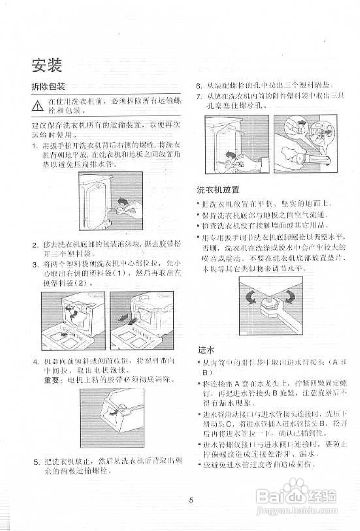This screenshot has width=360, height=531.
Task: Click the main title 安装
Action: pyautogui.click(x=47, y=65)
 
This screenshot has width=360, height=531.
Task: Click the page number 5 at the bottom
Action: pyautogui.click(x=191, y=500)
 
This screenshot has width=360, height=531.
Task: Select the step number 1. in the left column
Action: pyautogui.click(x=34, y=146)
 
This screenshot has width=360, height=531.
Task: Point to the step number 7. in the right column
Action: pyautogui.click(x=199, y=96)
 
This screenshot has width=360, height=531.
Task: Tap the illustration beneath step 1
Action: pyautogui.click(x=110, y=201)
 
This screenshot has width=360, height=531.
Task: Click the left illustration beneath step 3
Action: pyautogui.click(x=73, y=320)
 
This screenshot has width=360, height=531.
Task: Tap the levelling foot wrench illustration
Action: pyautogui.click(x=270, y=304)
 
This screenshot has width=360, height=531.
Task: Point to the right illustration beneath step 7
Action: pyautogui.click(x=306, y=144)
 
